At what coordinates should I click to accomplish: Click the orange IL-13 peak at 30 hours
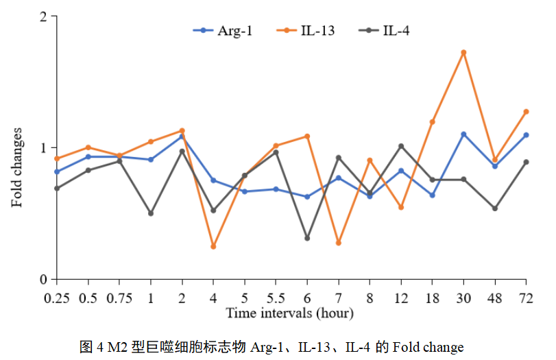[463, 52]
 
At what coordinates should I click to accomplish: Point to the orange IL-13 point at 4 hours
[213, 246]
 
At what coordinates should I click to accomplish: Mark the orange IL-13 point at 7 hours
[339, 243]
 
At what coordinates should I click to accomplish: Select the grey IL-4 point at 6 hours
[307, 238]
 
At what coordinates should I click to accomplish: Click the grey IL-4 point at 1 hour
[151, 213]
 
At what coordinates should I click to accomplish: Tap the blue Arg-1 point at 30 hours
[463, 134]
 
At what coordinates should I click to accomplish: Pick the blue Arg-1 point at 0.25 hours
[57, 171]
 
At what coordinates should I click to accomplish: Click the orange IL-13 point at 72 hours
[526, 111]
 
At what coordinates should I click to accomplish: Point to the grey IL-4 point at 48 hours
[495, 208]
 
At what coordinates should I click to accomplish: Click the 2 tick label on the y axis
[43, 16]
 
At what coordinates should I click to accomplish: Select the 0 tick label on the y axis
[43, 279]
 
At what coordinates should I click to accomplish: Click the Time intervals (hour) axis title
[290, 313]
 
